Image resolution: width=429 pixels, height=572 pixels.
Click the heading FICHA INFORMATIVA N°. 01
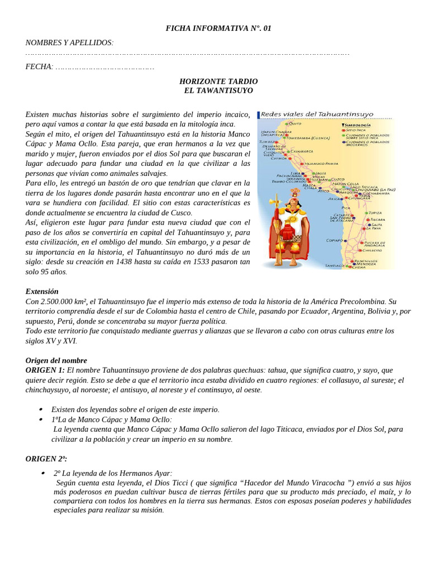218,28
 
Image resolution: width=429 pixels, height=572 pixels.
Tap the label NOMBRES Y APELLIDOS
69,43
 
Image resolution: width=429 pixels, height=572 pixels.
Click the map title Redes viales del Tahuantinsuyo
317,115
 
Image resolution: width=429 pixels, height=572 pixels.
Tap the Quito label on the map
295,123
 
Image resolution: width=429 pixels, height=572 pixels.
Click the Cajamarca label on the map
302,151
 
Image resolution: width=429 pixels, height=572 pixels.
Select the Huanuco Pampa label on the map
321,163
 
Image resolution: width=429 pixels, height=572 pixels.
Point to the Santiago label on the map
334,265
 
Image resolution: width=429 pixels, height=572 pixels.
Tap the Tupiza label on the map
375,213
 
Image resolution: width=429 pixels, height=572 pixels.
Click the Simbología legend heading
358,125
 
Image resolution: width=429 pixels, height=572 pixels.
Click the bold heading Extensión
42,292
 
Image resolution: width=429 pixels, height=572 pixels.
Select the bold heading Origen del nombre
56,361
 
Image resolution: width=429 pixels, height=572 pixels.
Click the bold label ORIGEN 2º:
46,459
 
